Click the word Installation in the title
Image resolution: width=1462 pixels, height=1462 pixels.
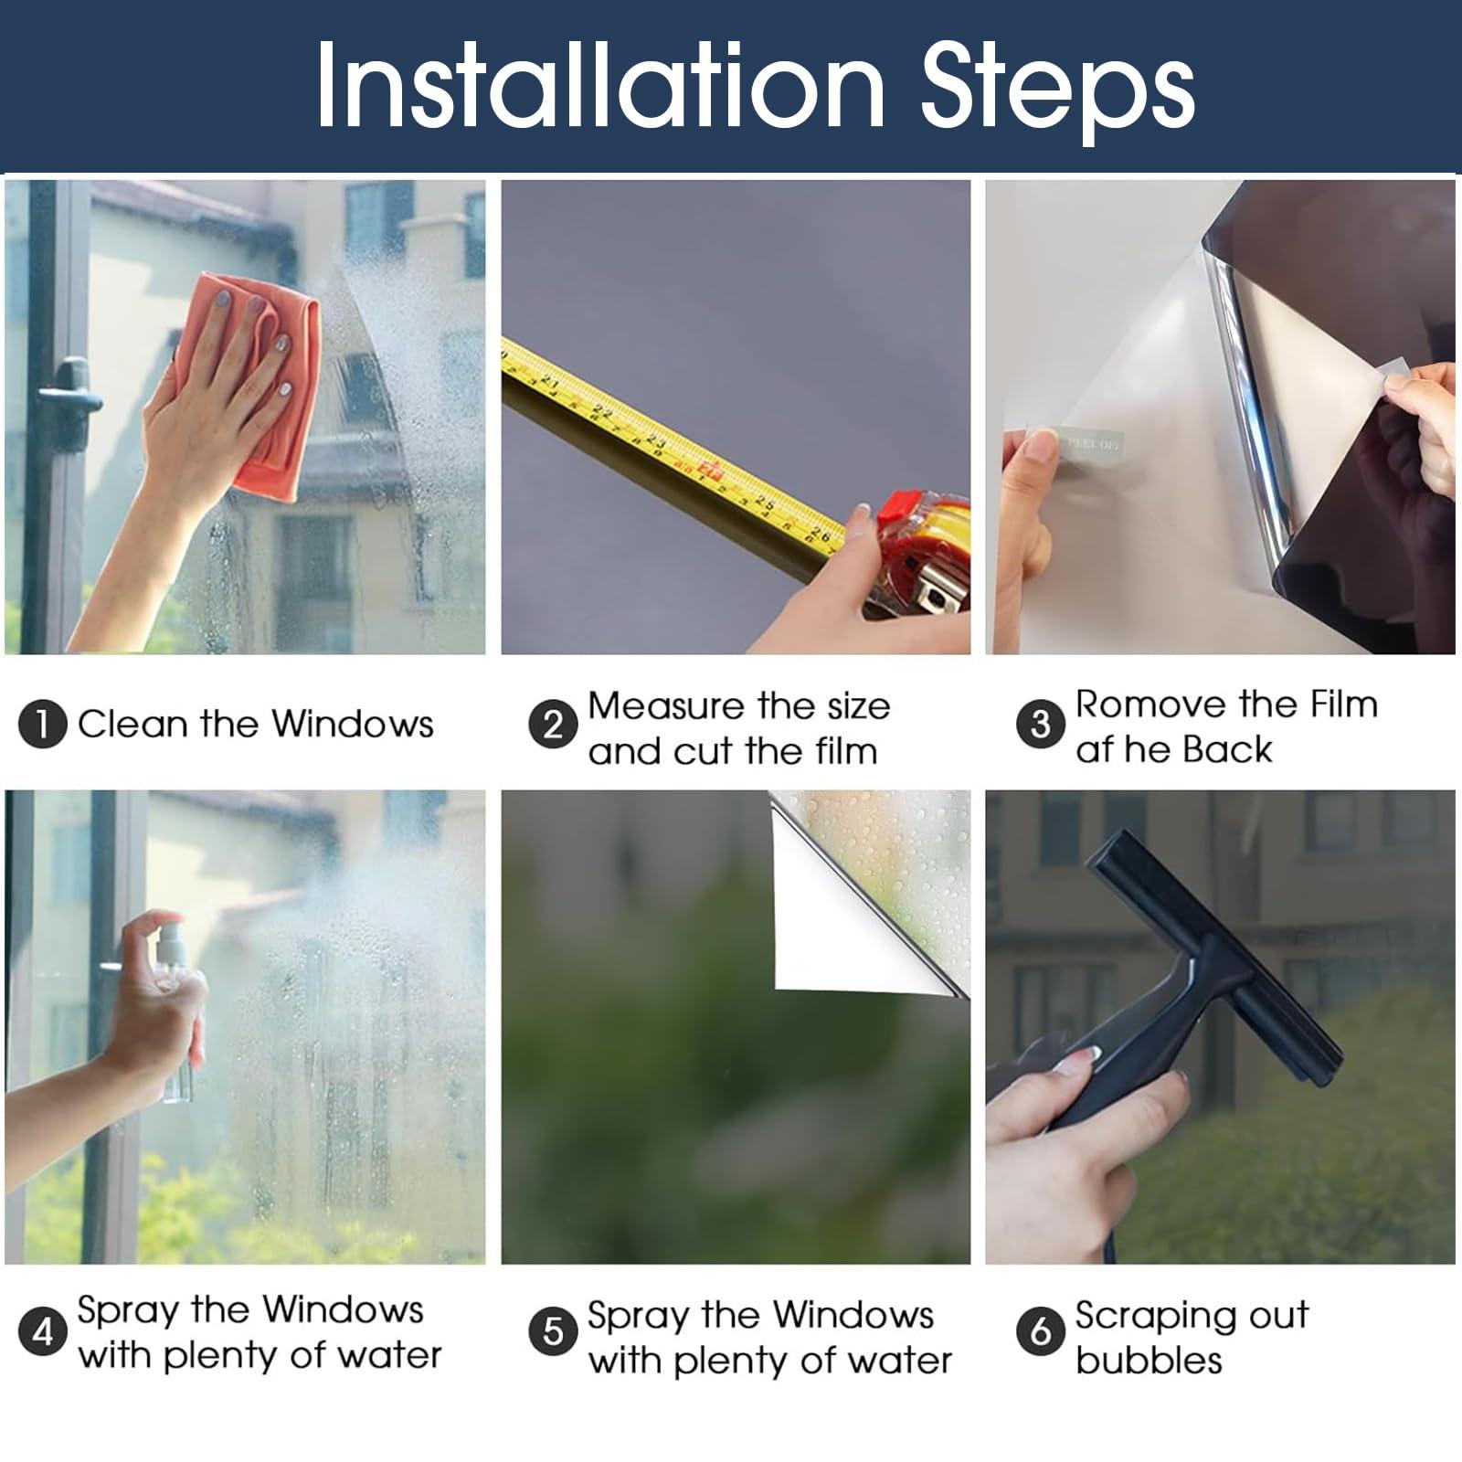click(600, 85)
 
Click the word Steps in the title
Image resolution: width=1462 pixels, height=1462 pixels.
click(1057, 90)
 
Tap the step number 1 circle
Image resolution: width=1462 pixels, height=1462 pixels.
click(42, 725)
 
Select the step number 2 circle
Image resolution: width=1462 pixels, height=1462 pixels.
click(553, 726)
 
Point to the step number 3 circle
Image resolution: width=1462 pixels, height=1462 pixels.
click(1040, 725)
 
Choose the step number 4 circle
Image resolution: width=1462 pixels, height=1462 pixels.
click(42, 1331)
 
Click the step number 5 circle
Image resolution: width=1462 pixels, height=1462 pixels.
click(553, 1331)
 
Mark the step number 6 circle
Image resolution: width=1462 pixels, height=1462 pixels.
click(1040, 1331)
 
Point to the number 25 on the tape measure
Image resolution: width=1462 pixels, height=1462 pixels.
click(765, 503)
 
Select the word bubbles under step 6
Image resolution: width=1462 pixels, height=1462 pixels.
click(1149, 1360)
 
